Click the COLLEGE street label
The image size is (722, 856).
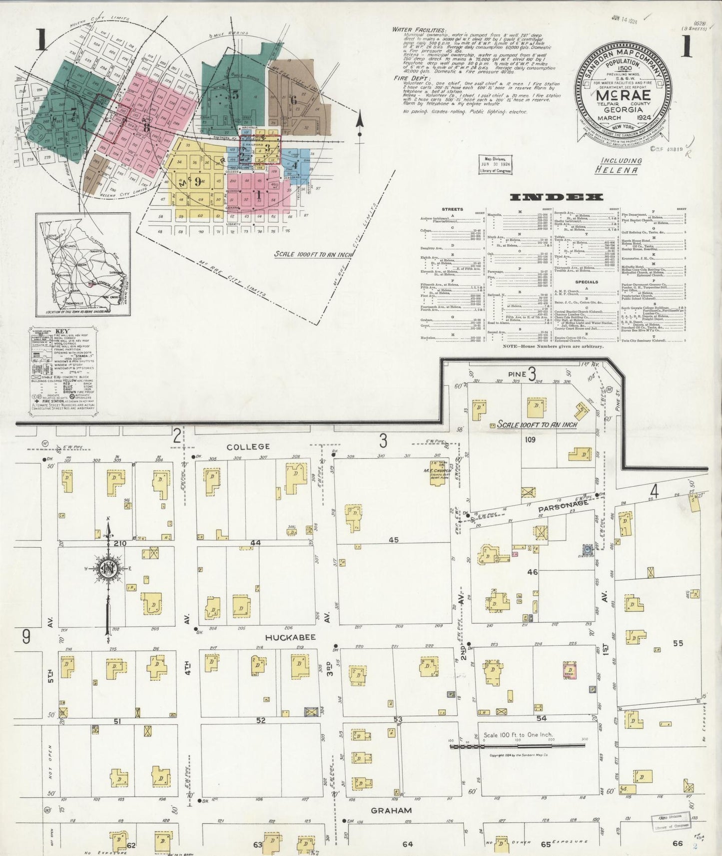pos(248,446)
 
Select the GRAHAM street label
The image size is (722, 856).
pos(391,810)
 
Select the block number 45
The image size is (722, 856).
pos(394,539)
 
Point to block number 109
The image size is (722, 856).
pos(530,439)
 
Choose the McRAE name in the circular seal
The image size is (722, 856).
pos(622,94)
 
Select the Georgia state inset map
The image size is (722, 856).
pos(83,265)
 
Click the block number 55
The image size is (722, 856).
pos(677,643)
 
